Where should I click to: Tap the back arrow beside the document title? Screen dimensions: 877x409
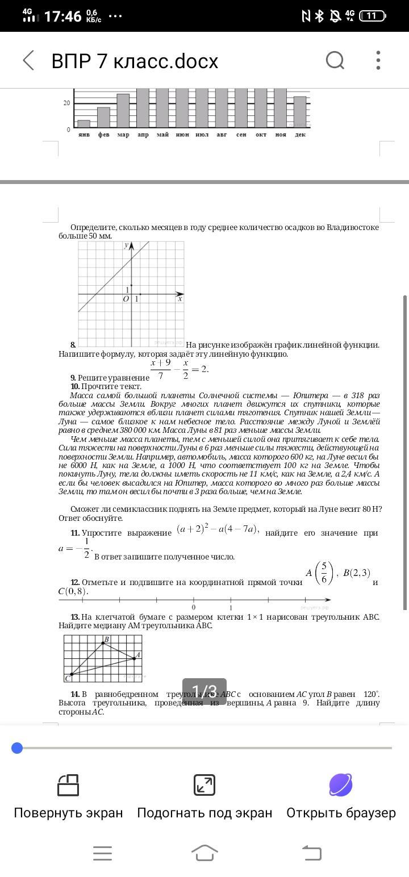28,60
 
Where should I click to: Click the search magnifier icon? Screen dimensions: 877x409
335,60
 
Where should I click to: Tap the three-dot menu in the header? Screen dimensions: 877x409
378,60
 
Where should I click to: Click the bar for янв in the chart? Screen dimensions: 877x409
84,124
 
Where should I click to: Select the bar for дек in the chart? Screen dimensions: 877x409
300,112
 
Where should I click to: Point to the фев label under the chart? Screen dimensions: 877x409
103,135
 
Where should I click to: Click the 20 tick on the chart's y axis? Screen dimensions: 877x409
66,103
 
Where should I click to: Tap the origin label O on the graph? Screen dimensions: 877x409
126,299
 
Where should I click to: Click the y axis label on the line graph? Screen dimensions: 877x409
126,245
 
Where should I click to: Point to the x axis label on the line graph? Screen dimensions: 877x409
180,298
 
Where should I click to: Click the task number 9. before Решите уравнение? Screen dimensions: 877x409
73,378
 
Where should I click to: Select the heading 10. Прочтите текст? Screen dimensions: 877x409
106,386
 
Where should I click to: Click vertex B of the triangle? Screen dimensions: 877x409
103,642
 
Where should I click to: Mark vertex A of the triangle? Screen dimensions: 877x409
134,658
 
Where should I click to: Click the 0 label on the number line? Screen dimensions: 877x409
194,607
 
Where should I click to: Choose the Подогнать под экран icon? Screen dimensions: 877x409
204,785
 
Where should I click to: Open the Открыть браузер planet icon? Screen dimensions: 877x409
341,785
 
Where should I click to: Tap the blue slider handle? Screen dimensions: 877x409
17,748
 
